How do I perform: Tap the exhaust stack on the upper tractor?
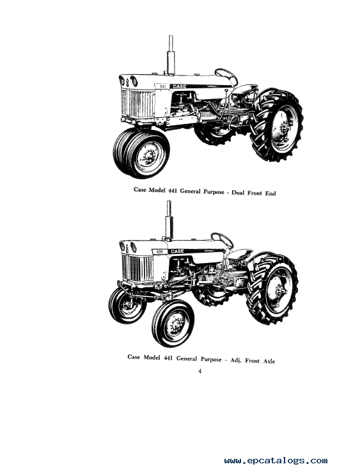(x=171, y=56)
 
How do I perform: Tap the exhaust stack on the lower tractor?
(x=168, y=221)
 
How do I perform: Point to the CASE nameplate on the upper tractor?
(x=179, y=86)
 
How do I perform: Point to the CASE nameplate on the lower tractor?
(x=177, y=251)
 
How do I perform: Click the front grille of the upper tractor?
(x=138, y=104)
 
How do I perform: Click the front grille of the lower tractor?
(x=138, y=268)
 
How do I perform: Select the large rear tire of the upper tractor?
(x=276, y=125)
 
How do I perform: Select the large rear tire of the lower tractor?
(x=272, y=289)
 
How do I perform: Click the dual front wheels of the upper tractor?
(x=141, y=153)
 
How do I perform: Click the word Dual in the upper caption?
(x=239, y=193)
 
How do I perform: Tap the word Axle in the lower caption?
(x=269, y=361)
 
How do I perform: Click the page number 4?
(x=200, y=371)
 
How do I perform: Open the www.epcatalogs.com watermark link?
(x=276, y=461)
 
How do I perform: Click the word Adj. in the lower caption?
(x=237, y=360)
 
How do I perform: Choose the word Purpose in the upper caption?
(x=214, y=192)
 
